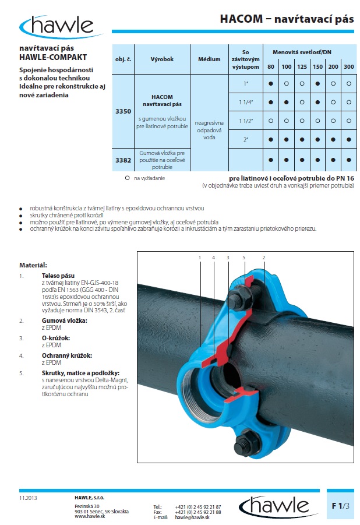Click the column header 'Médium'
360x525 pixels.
coord(209,60)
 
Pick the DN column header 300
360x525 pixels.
coord(348,67)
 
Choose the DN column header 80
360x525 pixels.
coord(271,67)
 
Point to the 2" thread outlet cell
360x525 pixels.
coord(246,140)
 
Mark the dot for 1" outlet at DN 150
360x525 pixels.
coord(317,84)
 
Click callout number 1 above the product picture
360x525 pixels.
coord(200,257)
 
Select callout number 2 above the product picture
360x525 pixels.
coord(264,257)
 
